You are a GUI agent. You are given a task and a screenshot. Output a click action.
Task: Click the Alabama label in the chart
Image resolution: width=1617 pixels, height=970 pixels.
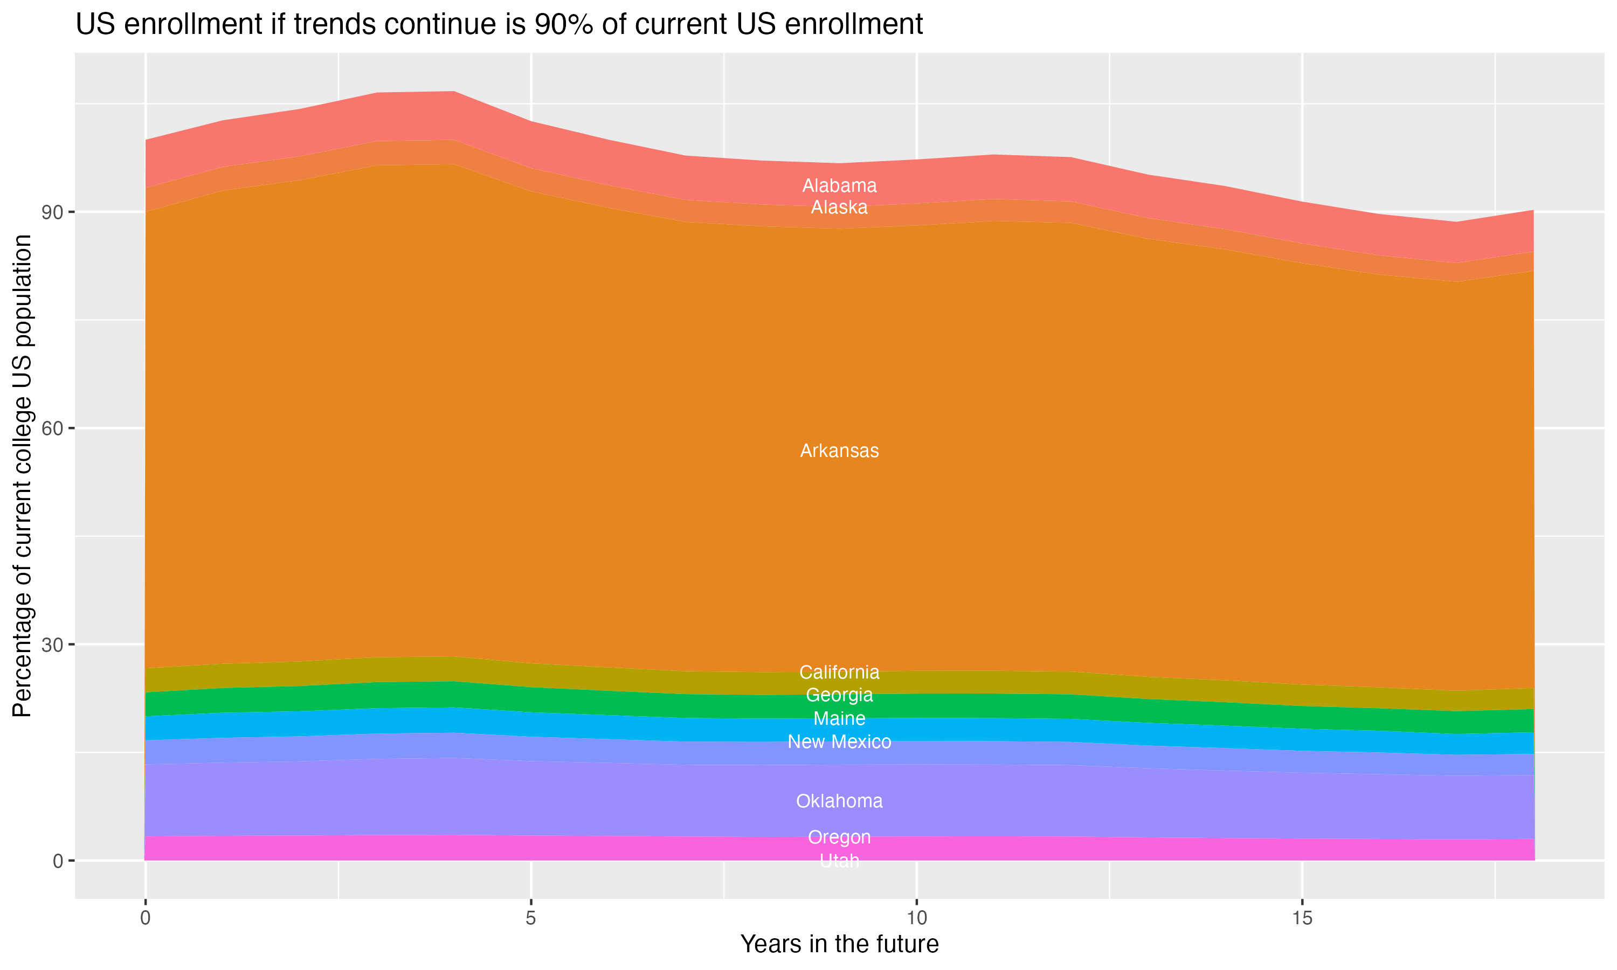pos(839,185)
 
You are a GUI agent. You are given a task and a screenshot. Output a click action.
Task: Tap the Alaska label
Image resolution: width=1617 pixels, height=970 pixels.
pos(839,208)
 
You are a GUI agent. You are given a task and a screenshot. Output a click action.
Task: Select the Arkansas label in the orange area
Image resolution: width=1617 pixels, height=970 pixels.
pos(839,451)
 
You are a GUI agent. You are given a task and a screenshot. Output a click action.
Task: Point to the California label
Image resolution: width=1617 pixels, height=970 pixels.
pos(839,672)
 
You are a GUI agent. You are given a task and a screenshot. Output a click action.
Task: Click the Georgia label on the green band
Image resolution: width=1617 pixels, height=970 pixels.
pos(839,695)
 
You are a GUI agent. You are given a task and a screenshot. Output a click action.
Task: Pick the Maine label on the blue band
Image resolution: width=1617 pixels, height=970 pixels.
pos(839,718)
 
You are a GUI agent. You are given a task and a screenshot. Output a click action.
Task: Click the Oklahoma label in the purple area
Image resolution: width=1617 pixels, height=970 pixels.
pos(839,801)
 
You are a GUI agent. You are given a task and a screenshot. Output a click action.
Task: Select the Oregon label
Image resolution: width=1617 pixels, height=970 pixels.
pos(839,837)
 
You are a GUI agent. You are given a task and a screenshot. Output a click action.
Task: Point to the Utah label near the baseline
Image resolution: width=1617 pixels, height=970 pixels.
pos(839,861)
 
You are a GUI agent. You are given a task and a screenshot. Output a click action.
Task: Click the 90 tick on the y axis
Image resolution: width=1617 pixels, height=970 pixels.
pos(53,212)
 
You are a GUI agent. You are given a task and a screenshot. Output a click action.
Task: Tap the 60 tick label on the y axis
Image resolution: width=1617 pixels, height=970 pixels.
pos(53,429)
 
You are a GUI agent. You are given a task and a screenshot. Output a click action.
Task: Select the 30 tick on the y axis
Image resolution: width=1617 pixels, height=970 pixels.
pos(53,645)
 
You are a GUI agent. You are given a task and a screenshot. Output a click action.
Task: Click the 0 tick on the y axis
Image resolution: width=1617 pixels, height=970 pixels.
pos(58,861)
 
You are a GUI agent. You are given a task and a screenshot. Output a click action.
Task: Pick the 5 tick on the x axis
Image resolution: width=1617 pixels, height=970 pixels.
pos(531,918)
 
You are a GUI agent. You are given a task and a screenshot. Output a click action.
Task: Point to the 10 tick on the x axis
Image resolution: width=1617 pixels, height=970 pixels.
pos(916,918)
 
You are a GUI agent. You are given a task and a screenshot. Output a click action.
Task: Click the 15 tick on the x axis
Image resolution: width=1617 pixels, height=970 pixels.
pos(1302,918)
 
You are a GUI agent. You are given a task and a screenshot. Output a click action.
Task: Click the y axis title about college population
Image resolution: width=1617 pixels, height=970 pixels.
pos(22,475)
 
